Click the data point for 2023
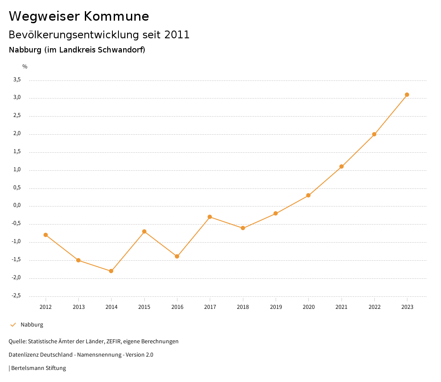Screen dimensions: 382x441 pos(407,95)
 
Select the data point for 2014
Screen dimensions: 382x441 pos(111,271)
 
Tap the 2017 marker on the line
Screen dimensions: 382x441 pos(210,217)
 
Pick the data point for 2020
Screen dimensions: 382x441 pos(308,195)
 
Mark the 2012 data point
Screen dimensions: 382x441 pos(46,235)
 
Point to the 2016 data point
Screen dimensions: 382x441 pos(177,256)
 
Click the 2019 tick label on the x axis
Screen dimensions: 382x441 pos(276,307)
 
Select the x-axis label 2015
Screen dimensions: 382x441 pos(144,307)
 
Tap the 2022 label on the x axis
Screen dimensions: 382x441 pos(374,307)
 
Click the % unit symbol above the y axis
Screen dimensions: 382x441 pos(25,66)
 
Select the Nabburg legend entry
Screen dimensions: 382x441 pos(31,325)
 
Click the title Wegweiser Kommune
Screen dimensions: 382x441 pos(79,16)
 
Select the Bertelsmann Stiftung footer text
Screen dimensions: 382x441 pos(38,368)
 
